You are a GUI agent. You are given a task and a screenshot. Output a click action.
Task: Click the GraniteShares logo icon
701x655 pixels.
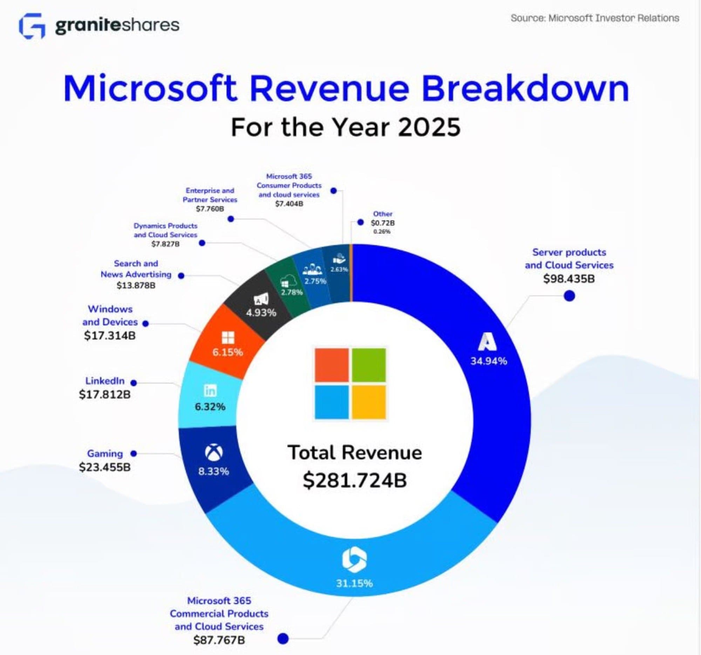coord(32,26)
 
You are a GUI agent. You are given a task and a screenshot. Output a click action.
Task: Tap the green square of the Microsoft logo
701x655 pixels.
coord(368,365)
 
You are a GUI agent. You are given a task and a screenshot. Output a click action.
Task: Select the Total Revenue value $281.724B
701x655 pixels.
coord(354,480)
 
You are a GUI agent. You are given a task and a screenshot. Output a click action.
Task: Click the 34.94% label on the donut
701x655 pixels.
coord(488,361)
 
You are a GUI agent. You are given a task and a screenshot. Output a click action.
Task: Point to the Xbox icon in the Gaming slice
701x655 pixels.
coord(214,453)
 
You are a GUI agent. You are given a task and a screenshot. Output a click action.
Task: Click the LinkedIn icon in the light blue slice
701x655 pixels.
coord(211,391)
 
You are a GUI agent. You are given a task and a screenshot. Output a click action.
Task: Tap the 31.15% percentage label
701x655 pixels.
coord(354,583)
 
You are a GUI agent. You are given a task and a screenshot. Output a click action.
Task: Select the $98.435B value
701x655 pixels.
coord(569,279)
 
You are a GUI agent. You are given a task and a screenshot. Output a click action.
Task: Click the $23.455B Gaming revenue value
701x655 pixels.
coord(105,467)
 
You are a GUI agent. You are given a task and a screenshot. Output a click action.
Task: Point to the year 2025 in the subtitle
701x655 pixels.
coord(429,127)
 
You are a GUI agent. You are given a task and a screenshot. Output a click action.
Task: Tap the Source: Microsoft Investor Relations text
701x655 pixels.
coord(594,18)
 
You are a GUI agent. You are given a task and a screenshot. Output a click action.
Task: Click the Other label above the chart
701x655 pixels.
coord(383,214)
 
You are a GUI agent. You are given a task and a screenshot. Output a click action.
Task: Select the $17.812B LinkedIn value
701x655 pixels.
coord(105,394)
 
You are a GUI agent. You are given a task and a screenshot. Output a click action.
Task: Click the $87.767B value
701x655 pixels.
coord(219,640)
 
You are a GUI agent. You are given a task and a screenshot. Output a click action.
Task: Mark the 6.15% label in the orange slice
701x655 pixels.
coord(227,352)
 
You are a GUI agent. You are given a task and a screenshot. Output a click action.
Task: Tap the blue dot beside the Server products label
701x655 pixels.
coord(569,296)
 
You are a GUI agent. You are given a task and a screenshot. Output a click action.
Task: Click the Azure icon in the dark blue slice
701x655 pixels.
coord(488,342)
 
